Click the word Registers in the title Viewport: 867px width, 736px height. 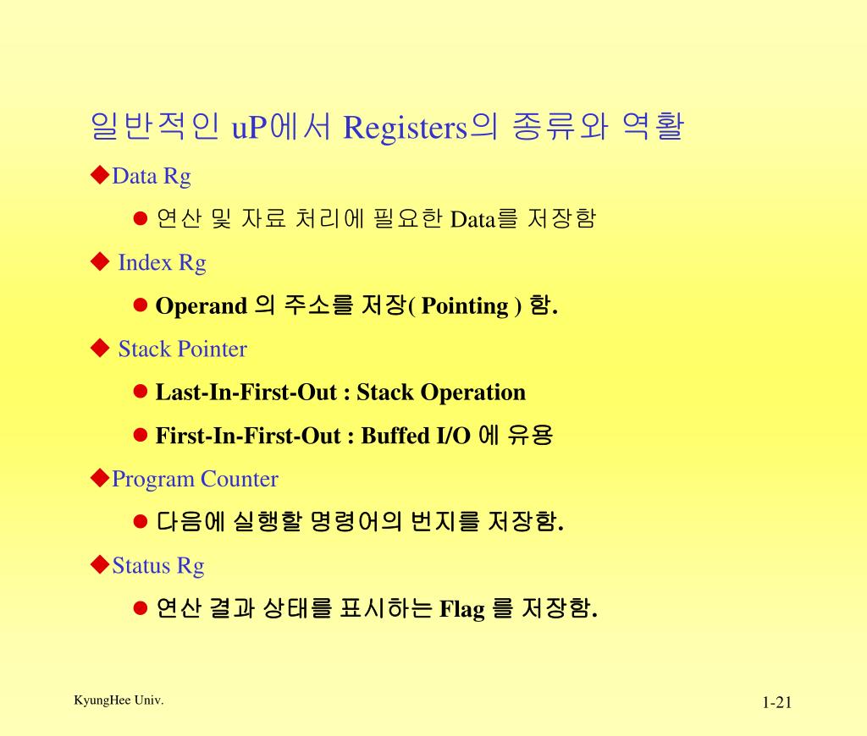pyautogui.click(x=406, y=128)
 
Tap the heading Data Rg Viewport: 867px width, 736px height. pyautogui.click(x=152, y=176)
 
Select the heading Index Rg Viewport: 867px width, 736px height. pyautogui.click(x=162, y=262)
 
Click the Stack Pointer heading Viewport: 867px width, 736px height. pyautogui.click(x=182, y=349)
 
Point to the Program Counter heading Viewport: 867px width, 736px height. pyautogui.click(x=195, y=479)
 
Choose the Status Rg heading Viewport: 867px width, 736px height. pyautogui.click(x=158, y=565)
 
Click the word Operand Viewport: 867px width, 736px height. pyautogui.click(x=202, y=305)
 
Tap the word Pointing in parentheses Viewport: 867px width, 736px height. pyautogui.click(x=465, y=305)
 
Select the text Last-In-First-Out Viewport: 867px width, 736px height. pyautogui.click(x=246, y=393)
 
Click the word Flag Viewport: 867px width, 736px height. pyautogui.click(x=462, y=608)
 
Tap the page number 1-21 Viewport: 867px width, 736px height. pyautogui.click(x=776, y=703)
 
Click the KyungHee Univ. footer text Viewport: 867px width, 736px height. pyautogui.click(x=119, y=700)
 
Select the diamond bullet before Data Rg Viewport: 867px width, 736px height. pyautogui.click(x=100, y=175)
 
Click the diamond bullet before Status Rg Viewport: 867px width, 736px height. pyautogui.click(x=100, y=564)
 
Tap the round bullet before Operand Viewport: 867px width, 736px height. pyautogui.click(x=141, y=305)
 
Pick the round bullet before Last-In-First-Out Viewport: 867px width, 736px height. pyautogui.click(x=141, y=393)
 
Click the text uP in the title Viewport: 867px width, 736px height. pyautogui.click(x=249, y=128)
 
